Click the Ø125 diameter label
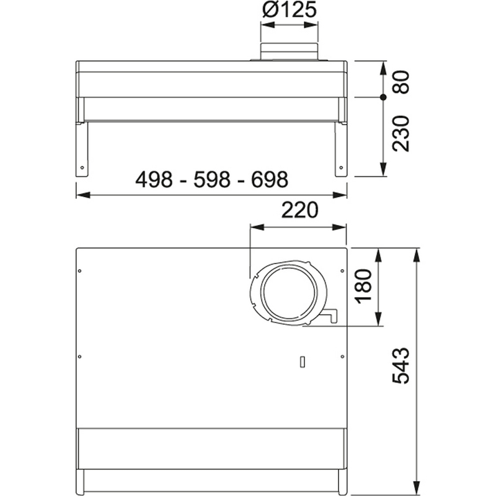point(289,10)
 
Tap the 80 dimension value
point(401,82)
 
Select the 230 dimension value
point(401,133)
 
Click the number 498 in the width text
point(154,179)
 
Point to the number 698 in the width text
point(270,179)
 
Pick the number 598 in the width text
point(212,179)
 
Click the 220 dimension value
point(299,210)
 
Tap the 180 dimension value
point(363,286)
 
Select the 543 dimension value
point(401,366)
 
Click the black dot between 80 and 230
point(383,97)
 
